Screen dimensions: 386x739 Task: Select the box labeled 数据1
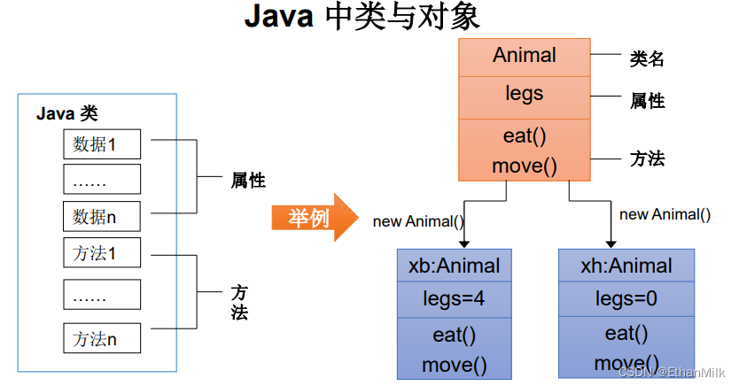point(101,143)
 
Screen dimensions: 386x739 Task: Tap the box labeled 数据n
point(101,215)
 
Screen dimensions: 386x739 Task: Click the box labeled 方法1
point(101,252)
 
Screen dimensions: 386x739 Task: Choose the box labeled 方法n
point(101,338)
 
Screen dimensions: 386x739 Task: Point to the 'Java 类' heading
point(66,113)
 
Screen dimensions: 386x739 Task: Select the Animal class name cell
point(525,56)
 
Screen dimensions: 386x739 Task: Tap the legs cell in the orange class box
point(525,94)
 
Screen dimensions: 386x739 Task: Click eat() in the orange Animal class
point(525,135)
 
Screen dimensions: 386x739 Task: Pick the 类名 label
point(647,59)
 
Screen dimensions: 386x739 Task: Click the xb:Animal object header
point(454,266)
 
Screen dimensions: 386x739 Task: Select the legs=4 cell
point(454,299)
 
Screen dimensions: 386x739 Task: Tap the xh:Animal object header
point(626,266)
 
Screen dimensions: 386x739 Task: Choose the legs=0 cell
point(626,299)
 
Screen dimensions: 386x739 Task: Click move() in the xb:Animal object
point(454,363)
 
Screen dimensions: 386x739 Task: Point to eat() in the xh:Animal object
point(626,334)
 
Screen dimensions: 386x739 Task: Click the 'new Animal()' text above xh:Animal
point(665,214)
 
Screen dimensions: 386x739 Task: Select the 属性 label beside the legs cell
point(647,101)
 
